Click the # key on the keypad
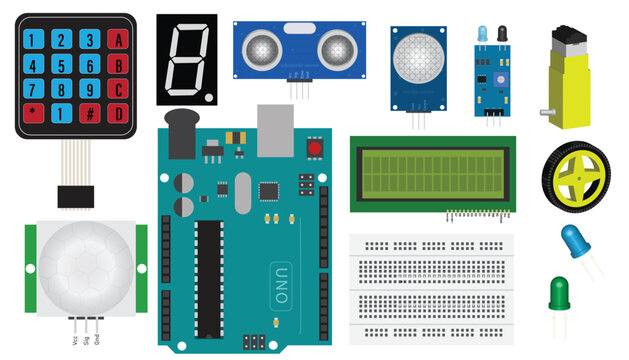(90, 112)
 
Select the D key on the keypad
(119, 112)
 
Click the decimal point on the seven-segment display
(208, 97)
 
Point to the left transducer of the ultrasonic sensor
(263, 47)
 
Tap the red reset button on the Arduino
(316, 149)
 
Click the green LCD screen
(432, 173)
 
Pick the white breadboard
(432, 290)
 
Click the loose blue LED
(574, 242)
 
